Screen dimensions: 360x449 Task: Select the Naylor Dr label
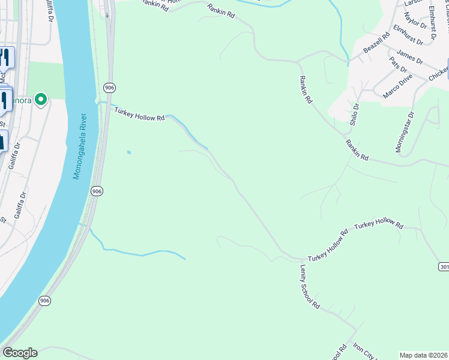tap(415, 21)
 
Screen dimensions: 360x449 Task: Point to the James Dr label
tap(410, 58)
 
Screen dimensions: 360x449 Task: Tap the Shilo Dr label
tap(355, 113)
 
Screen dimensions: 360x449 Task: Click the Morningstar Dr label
tap(403, 131)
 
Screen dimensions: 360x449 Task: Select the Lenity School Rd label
tap(309, 287)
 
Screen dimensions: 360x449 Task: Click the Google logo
tap(20, 353)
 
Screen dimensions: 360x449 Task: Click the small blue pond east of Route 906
tap(128, 152)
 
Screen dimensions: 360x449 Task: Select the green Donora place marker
tap(41, 99)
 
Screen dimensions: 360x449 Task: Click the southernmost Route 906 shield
tap(44, 301)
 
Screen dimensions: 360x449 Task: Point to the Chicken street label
tap(438, 74)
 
